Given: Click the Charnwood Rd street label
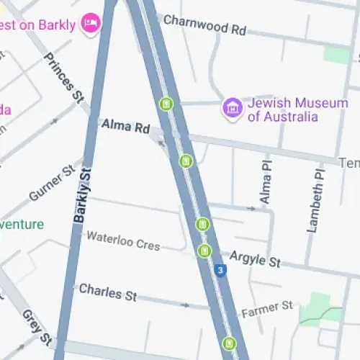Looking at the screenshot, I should click(204, 24).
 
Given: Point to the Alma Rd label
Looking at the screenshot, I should click(125, 127).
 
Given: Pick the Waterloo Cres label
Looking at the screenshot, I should click(123, 240).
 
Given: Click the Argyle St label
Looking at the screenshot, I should click(255, 258).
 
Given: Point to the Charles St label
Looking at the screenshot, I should click(107, 292).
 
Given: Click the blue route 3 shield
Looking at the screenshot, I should click(220, 271).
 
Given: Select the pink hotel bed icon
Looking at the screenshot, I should click(91, 22).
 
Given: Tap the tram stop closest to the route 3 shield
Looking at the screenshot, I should click(205, 251).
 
